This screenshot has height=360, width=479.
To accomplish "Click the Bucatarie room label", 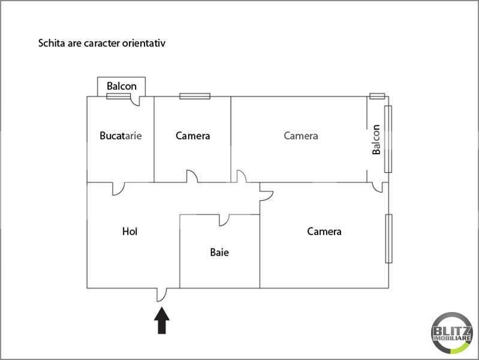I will coord(120,136).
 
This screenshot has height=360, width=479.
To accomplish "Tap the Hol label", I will coord(129,231).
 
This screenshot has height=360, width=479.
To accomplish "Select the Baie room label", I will coord(219,253).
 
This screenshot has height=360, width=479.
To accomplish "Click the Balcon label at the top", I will coord(122,86).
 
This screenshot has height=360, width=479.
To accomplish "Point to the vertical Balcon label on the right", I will coord(376,139).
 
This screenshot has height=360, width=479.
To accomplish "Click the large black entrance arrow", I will coord(162,320).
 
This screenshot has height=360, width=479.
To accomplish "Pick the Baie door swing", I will coord(224,220).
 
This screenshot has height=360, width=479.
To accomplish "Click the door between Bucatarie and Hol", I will coord(118,188).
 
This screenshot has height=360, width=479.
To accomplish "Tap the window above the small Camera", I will coord(195,95).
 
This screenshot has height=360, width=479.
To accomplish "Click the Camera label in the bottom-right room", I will coord(324,231).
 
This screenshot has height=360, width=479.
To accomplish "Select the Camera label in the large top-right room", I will coord(301,136).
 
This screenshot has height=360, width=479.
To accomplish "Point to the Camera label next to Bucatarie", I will coord(193,136).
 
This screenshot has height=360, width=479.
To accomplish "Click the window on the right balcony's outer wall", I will coord(388,139).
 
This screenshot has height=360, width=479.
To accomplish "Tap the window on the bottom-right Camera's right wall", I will coord(388,238).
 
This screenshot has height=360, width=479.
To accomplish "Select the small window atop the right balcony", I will coord(376,95).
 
